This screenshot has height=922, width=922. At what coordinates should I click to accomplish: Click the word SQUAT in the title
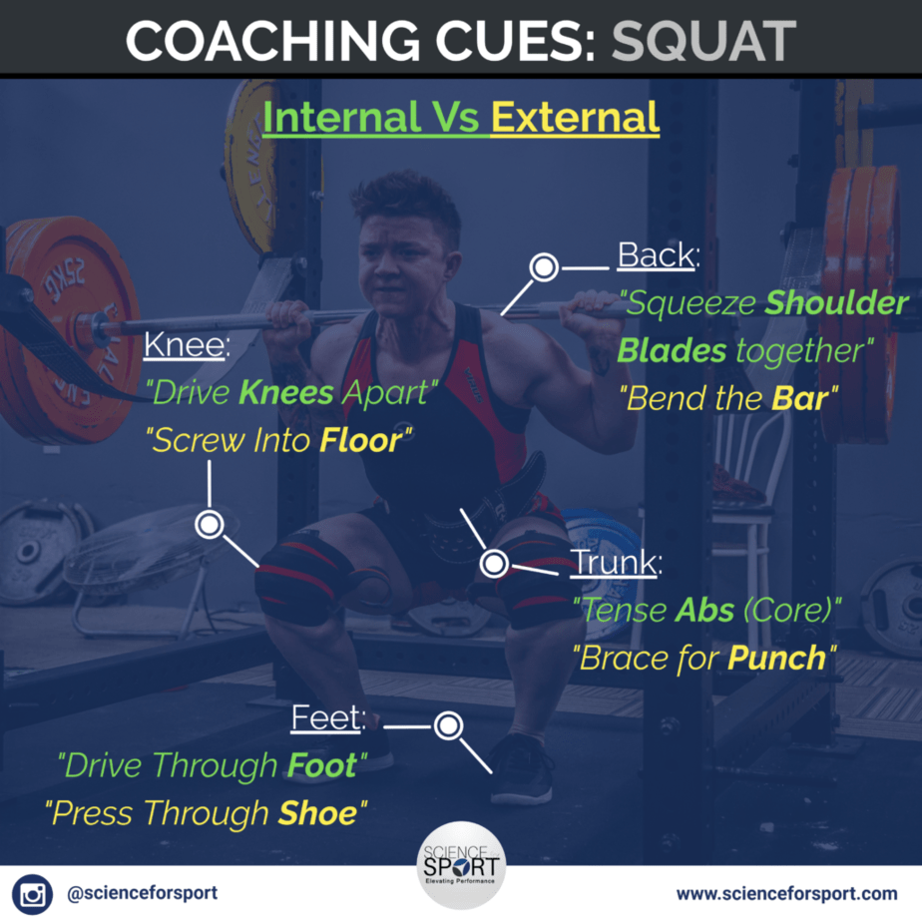[x=703, y=41]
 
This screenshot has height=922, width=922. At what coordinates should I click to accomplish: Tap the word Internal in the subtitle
[x=341, y=117]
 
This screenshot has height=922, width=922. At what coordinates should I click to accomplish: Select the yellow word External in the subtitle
[x=575, y=117]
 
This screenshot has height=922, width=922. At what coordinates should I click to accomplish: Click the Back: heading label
[x=659, y=255]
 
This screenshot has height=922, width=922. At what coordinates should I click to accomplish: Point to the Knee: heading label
[x=187, y=344]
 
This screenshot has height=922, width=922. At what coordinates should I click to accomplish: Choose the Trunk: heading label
[x=617, y=562]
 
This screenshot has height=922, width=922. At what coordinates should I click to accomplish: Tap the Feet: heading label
[x=328, y=718]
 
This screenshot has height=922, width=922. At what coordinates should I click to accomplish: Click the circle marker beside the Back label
[x=544, y=267]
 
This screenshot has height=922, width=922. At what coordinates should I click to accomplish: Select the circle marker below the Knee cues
[x=210, y=524]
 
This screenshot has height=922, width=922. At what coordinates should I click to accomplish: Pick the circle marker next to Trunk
[x=494, y=564]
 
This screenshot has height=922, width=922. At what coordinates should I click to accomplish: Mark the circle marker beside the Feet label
[x=449, y=725]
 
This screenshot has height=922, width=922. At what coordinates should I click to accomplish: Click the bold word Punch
[x=776, y=658]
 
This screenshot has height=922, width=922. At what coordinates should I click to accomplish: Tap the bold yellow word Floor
[x=361, y=440]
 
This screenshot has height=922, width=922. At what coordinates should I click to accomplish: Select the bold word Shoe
[x=318, y=813]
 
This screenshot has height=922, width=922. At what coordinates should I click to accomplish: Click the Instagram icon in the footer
[x=32, y=894]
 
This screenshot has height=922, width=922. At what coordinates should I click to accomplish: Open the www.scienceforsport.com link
[x=786, y=894]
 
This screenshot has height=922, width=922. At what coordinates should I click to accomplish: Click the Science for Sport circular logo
[x=461, y=865]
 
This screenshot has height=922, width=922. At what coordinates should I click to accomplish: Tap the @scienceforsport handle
[x=143, y=893]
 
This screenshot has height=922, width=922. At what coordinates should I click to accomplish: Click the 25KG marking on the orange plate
[x=63, y=278]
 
